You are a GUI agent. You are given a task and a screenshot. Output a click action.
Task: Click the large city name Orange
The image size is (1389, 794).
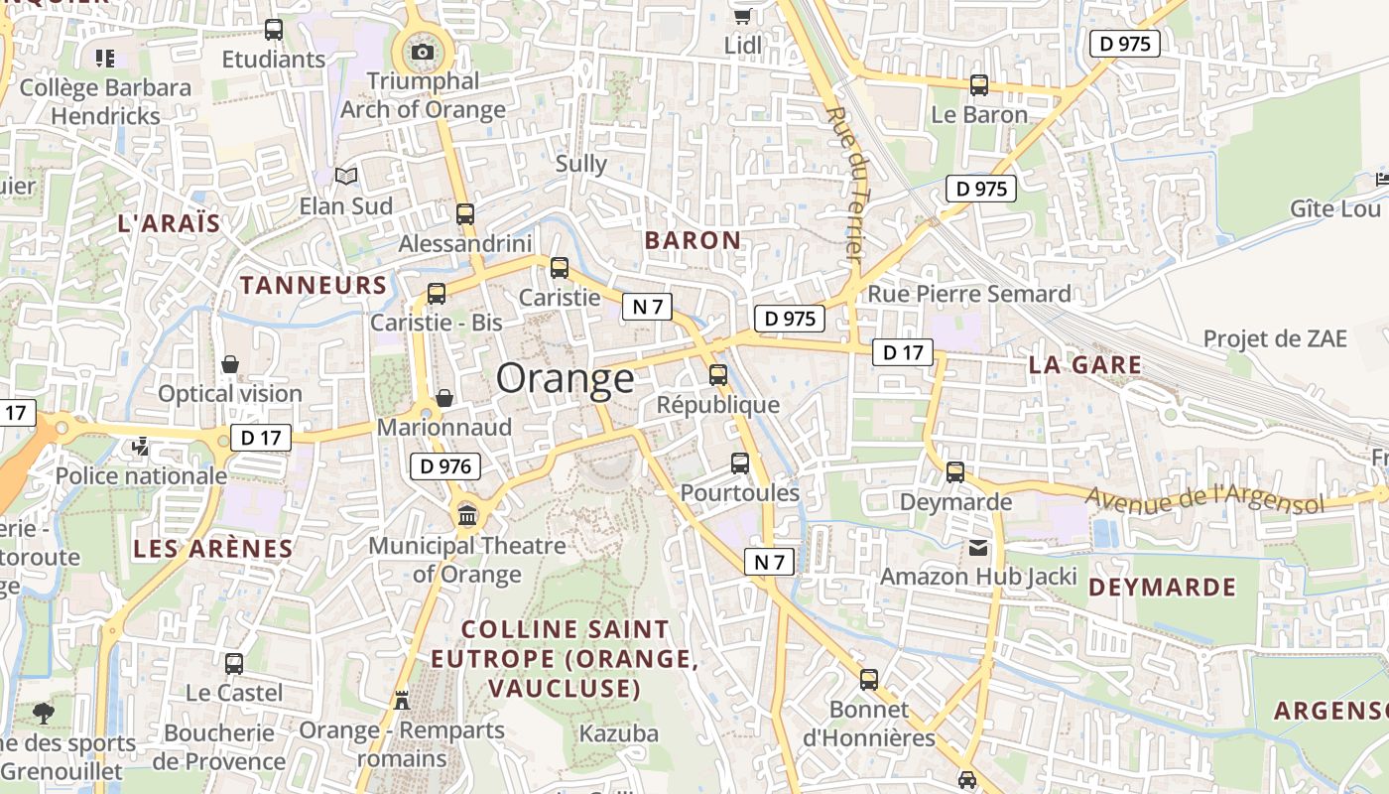pyautogui.click(x=565, y=378)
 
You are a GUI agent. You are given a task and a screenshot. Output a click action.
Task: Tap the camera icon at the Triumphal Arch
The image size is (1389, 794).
pyautogui.click(x=423, y=52)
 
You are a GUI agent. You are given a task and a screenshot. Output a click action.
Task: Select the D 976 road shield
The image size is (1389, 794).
pyautogui.click(x=445, y=465)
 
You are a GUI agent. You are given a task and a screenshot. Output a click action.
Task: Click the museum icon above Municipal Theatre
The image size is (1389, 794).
pyautogui.click(x=467, y=515)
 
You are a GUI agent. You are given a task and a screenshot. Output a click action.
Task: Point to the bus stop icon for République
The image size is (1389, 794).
pyautogui.click(x=718, y=375)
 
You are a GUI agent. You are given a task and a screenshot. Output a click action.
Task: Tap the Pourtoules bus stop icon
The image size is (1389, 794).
pyautogui.click(x=740, y=463)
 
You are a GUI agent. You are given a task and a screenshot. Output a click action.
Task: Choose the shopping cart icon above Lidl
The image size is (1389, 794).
pyautogui.click(x=742, y=15)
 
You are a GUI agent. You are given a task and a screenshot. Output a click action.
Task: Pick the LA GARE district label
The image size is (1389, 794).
pyautogui.click(x=1084, y=364)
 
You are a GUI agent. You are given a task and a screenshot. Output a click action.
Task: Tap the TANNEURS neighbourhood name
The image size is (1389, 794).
pyautogui.click(x=314, y=286)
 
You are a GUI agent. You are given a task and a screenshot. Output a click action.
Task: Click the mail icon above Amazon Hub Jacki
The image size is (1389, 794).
pyautogui.click(x=978, y=547)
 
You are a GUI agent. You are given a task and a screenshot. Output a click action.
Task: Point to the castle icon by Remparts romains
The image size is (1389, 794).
pyautogui.click(x=402, y=700)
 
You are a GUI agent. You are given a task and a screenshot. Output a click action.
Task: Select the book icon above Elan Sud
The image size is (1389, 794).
pyautogui.click(x=346, y=176)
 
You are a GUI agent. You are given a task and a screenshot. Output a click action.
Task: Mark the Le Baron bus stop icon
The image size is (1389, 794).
pyautogui.click(x=979, y=85)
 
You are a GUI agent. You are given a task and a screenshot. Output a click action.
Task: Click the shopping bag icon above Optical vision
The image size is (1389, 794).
pyautogui.click(x=230, y=364)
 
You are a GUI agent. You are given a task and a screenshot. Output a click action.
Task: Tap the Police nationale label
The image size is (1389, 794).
pyautogui.click(x=141, y=475)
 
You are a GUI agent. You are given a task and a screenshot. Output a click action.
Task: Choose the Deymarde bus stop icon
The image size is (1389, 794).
pyautogui.click(x=955, y=472)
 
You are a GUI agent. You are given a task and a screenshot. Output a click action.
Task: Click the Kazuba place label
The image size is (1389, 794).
pyautogui.click(x=619, y=733)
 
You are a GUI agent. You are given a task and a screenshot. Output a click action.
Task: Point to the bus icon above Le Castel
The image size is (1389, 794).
pyautogui.click(x=234, y=663)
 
